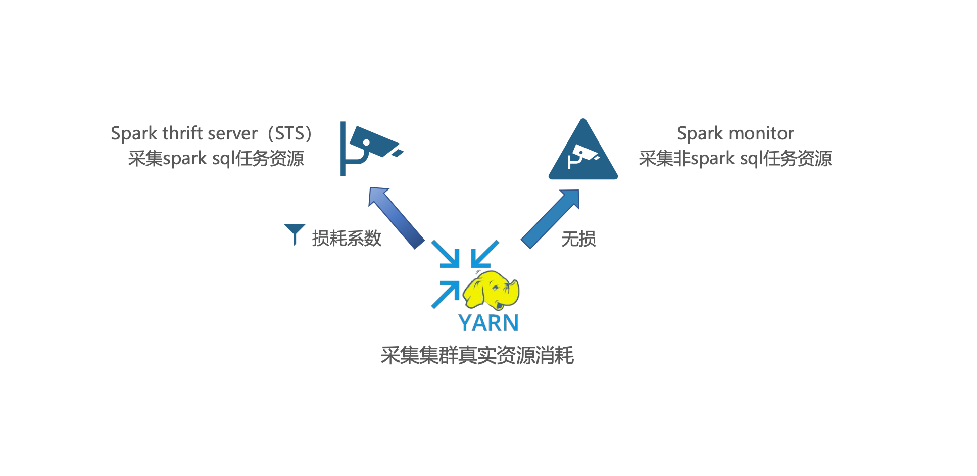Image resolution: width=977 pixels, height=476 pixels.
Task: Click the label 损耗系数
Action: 347,239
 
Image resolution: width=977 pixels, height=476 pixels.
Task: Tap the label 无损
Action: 579,239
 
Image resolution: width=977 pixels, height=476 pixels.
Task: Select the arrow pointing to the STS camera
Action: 396,217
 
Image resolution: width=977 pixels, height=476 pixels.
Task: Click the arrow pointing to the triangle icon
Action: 551,218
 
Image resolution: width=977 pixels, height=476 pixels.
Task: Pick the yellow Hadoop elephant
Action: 491,290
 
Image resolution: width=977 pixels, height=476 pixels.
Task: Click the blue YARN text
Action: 488,323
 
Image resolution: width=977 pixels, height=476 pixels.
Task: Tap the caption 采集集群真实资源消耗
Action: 477,355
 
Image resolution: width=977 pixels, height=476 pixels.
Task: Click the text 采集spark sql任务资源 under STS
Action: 216,159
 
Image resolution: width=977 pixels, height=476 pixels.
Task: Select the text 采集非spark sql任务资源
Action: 735,159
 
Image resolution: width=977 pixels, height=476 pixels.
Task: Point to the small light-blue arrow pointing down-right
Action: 446,254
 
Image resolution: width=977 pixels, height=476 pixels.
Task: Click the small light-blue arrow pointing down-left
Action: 484,254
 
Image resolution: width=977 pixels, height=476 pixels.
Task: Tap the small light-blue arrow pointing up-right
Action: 446,294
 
